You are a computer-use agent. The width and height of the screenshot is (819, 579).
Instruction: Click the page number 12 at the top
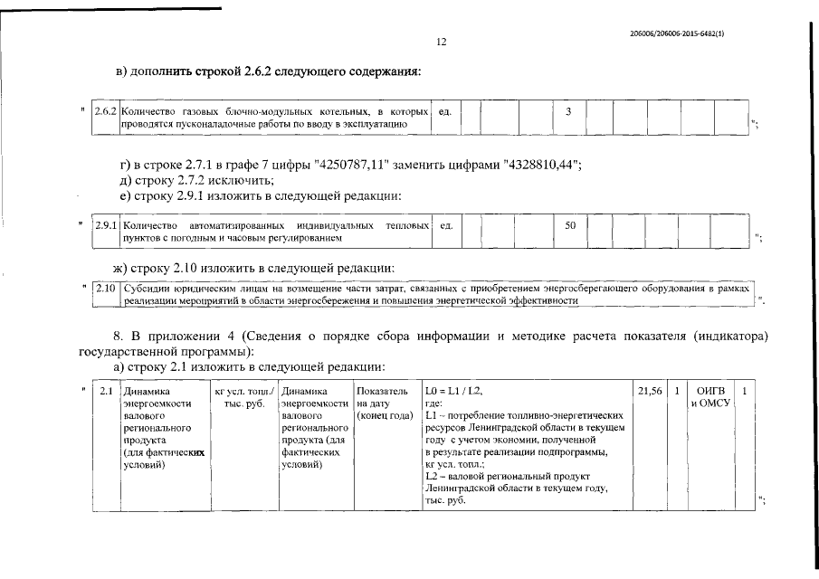[442, 42]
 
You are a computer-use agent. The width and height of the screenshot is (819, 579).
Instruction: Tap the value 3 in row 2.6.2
[568, 111]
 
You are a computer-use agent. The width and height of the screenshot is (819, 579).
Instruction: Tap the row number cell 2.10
[106, 289]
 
